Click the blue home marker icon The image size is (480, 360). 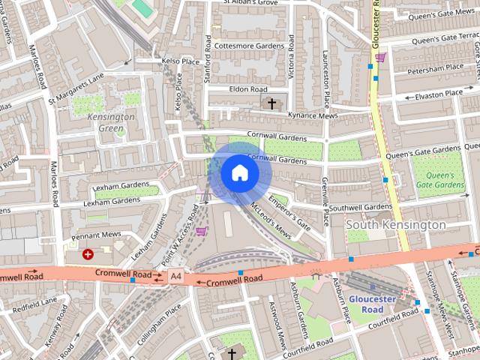click(239, 173)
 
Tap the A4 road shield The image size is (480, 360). click(175, 276)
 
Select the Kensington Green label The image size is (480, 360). click(111, 122)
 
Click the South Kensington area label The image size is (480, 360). click(395, 224)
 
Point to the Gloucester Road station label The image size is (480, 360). click(372, 304)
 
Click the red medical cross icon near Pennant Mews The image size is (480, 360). click(88, 254)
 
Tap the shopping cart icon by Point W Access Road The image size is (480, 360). click(201, 230)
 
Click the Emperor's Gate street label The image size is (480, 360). click(289, 212)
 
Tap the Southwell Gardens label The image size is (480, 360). click(360, 207)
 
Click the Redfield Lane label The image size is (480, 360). click(34, 304)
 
